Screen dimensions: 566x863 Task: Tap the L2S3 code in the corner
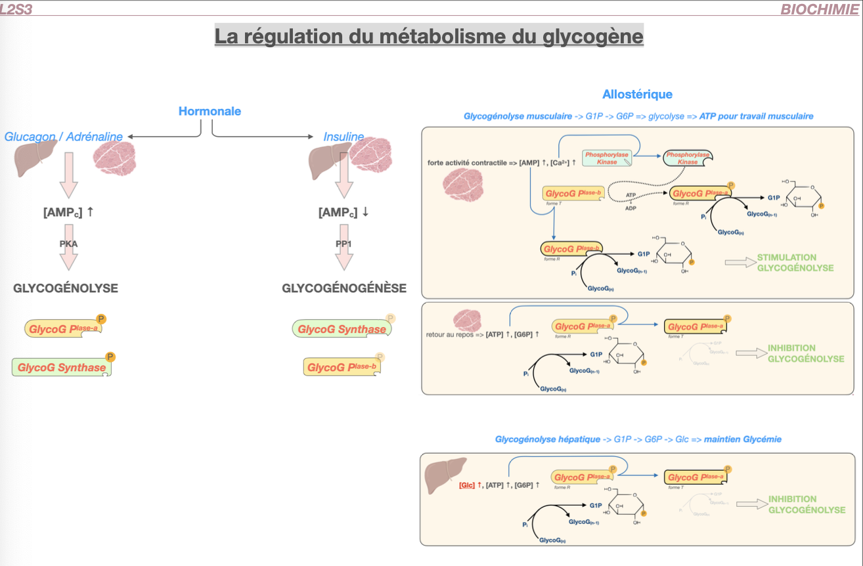tap(16, 9)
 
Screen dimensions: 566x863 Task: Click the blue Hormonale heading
tap(210, 111)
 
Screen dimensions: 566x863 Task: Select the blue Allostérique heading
tap(637, 95)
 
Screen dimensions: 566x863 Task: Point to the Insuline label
tap(343, 137)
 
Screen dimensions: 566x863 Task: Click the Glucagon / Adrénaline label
tap(64, 137)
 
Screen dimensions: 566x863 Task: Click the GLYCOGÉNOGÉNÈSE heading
tap(344, 288)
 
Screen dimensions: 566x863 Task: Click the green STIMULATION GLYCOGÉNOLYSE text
tap(795, 263)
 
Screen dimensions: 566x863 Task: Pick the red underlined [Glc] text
tap(467, 485)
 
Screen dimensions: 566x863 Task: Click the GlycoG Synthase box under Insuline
tap(342, 329)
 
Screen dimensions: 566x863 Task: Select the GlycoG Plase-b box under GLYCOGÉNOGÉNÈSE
tap(342, 367)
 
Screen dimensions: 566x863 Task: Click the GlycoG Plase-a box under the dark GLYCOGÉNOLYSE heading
tap(63, 328)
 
